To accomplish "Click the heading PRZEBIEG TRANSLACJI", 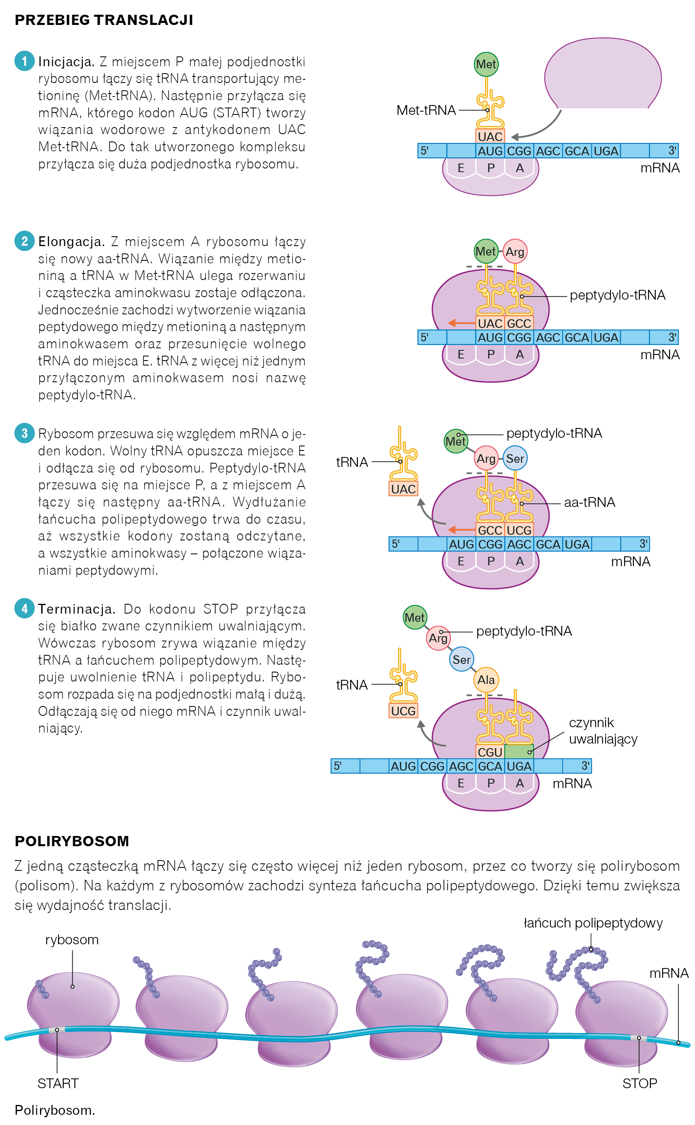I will pos(104,20).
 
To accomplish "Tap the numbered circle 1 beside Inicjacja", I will pos(25,61).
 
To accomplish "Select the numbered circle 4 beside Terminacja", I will pos(25,608).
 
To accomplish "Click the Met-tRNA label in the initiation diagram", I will pos(426,110).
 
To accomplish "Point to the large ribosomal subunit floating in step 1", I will pos(603,74).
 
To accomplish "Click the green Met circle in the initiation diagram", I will pos(486,64).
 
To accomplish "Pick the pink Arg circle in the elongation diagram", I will pos(515,251).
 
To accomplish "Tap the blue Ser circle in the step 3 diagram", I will pos(515,458).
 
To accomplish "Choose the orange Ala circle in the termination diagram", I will pos(486,679).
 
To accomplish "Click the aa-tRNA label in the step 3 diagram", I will pos(589,502).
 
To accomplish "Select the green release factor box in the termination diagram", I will pos(518,751).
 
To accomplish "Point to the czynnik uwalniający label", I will pos(603,731).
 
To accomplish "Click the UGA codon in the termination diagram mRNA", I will pos(519,766).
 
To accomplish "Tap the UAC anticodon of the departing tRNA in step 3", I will pos(403,489).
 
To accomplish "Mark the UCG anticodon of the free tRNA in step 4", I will pos(403,711).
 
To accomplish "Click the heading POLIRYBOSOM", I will pos(72,841).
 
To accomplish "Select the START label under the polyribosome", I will pos(58,1084).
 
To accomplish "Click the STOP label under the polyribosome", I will pos(639,1084).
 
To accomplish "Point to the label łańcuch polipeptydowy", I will pos(593,923).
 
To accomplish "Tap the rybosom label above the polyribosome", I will pos(72,940).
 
